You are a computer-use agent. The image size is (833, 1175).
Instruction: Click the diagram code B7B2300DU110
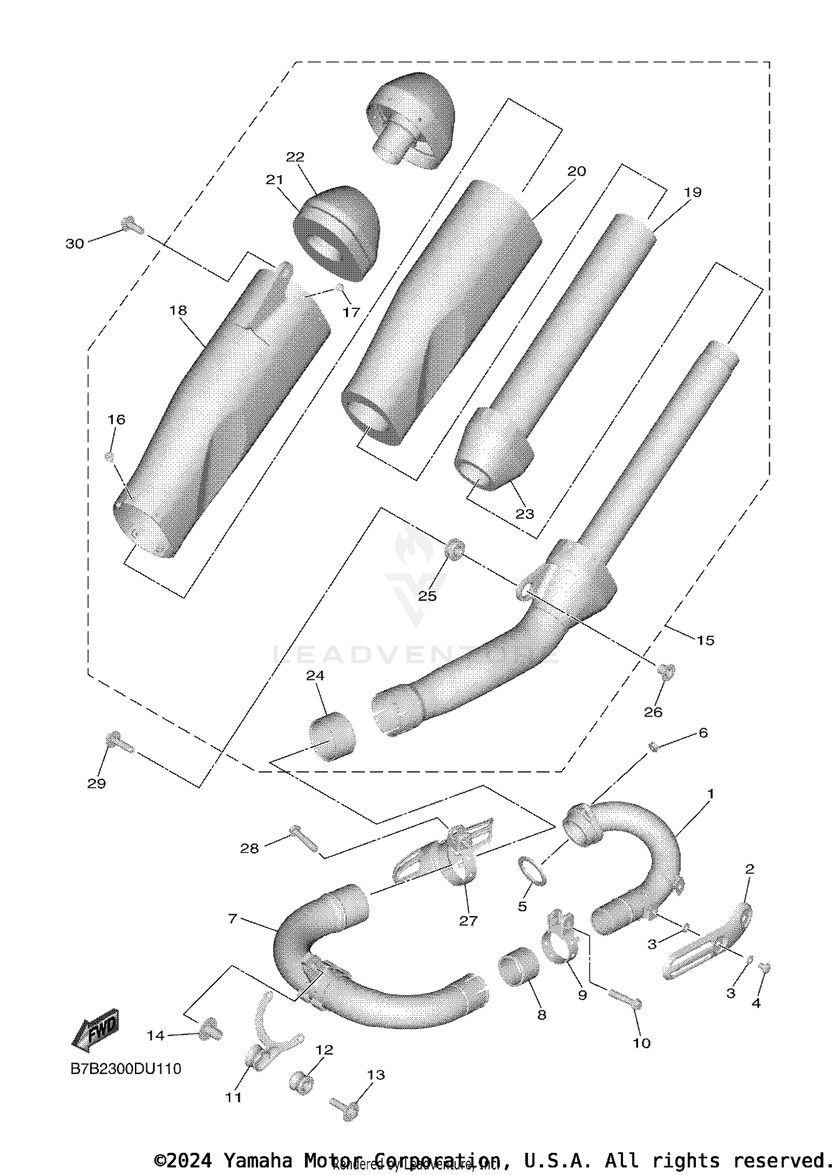tap(126, 1068)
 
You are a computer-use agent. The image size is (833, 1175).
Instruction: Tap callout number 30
tap(75, 243)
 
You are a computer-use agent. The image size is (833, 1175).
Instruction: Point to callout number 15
tap(705, 640)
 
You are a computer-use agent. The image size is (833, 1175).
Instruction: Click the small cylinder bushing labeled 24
tap(332, 736)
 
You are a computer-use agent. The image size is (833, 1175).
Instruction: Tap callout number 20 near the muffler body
tap(576, 171)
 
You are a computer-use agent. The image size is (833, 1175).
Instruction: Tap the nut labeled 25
tap(455, 548)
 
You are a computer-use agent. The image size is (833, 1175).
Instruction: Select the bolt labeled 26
tap(665, 672)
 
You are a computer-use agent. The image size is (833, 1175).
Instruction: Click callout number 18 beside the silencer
tap(178, 310)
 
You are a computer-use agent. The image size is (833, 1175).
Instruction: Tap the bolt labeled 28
tap(304, 839)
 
